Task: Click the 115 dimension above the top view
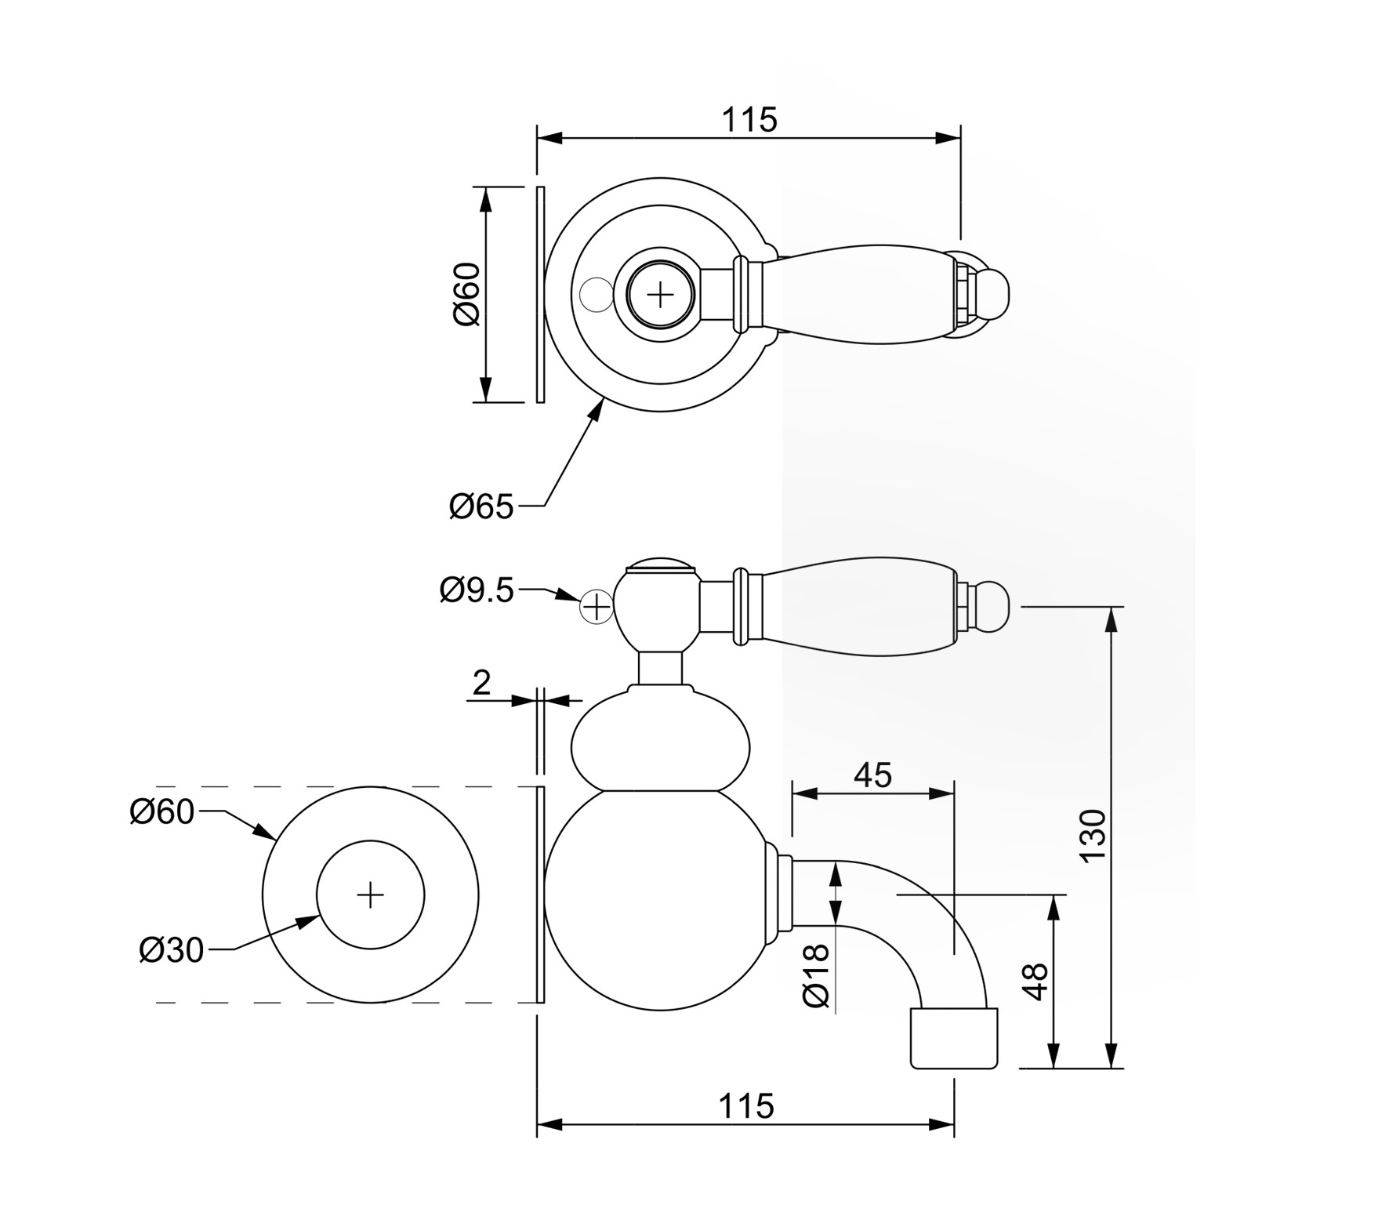(749, 120)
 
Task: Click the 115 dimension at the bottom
(745, 1106)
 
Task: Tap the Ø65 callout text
(481, 507)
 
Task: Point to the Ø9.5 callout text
(477, 590)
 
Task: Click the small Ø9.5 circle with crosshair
(597, 607)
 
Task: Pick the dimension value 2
(481, 683)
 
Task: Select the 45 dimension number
(872, 775)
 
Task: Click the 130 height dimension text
(1093, 837)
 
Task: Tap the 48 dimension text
(1035, 982)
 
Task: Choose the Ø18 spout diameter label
(816, 975)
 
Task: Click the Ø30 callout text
(171, 950)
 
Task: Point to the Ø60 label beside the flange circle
(161, 812)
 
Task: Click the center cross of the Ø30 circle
(370, 895)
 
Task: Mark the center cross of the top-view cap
(661, 295)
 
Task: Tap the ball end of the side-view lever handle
(993, 606)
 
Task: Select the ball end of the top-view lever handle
(993, 295)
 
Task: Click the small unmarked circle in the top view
(594, 294)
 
